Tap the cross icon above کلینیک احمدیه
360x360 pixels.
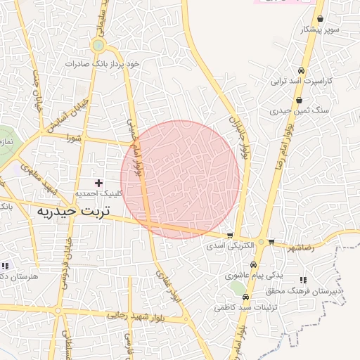point(98,182)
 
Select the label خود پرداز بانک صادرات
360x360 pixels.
point(103,63)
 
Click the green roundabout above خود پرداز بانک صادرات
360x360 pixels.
point(98,46)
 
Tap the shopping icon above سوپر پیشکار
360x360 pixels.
point(321,20)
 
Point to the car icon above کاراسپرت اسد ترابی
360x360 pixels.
point(301,71)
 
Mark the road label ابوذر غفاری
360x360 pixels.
point(167,286)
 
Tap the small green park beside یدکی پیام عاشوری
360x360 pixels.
point(240,288)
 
